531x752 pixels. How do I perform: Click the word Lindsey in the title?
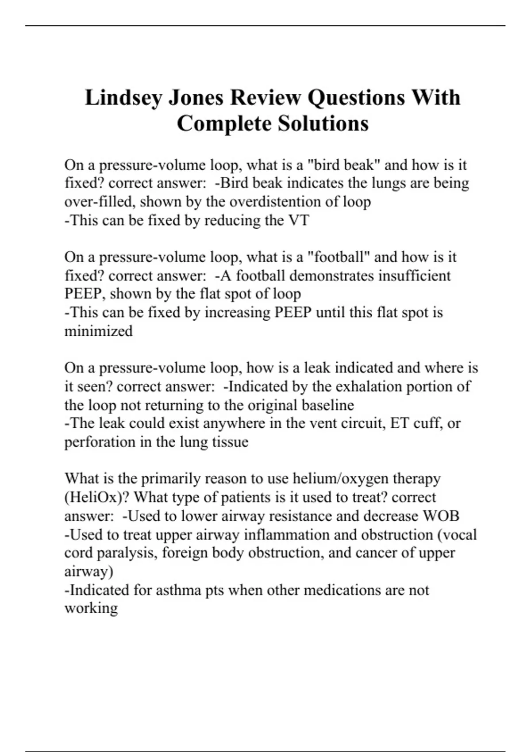(x=123, y=97)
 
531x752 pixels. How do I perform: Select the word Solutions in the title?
(x=323, y=123)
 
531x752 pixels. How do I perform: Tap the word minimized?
(x=98, y=331)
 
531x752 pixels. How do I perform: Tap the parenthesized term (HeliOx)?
(x=97, y=497)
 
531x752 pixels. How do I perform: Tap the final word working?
(x=91, y=608)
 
